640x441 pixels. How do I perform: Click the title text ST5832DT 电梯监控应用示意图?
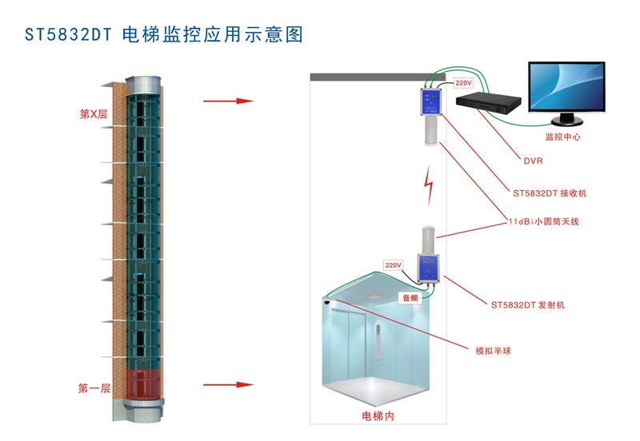[x=165, y=35]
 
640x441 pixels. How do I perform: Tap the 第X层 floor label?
[x=93, y=114]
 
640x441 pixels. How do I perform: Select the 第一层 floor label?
[x=94, y=388]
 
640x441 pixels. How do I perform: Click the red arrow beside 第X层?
[x=228, y=101]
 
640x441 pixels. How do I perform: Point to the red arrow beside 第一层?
[x=228, y=385]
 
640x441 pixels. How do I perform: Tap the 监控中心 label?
[x=562, y=137]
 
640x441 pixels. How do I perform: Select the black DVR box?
[x=488, y=102]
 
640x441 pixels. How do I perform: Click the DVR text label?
[x=533, y=161]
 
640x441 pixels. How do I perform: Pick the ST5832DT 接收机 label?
[x=550, y=193]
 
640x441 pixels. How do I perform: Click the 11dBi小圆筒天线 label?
[x=543, y=222]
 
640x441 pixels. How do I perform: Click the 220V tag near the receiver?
[x=463, y=82]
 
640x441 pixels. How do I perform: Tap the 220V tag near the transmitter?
[x=393, y=264]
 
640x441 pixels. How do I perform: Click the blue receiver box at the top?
[x=430, y=102]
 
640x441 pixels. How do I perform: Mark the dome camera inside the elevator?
[x=328, y=303]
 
